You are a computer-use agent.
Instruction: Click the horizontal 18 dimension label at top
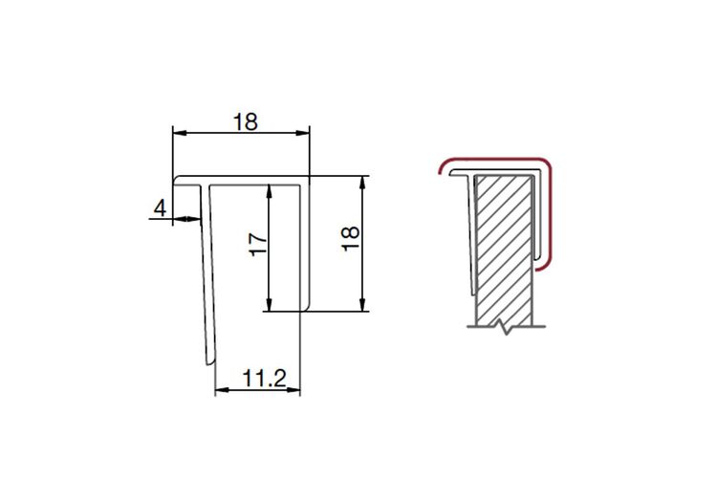tap(246, 122)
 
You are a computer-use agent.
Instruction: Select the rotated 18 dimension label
tap(351, 239)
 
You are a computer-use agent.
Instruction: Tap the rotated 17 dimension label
tap(258, 245)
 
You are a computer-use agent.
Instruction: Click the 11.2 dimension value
tap(264, 379)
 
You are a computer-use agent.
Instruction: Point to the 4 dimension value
tap(160, 208)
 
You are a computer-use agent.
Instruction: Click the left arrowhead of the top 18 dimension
tap(180, 133)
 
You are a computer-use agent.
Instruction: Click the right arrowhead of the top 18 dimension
tap(303, 133)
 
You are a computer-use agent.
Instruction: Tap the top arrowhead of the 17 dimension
tap(269, 191)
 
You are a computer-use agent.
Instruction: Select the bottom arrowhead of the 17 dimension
tap(269, 305)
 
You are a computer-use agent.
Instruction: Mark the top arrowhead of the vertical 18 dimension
tap(362, 183)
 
